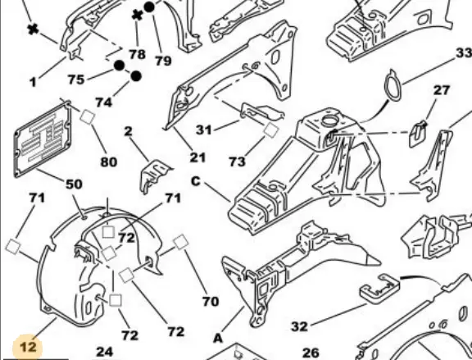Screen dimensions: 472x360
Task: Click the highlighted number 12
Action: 28,347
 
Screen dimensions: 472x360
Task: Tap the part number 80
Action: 109,162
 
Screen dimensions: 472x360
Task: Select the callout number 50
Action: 74,184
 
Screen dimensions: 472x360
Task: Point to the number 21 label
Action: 197,157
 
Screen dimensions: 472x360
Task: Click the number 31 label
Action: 204,130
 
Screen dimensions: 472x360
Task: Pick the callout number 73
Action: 237,162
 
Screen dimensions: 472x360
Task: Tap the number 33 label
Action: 464,53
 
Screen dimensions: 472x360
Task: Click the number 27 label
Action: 442,90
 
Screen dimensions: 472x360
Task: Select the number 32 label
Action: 300,326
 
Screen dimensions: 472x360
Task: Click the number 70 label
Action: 211,301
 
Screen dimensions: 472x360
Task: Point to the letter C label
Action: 196,181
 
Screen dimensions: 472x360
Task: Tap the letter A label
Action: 218,338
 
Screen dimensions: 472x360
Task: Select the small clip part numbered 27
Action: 418,134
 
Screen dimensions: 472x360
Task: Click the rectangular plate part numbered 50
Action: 43,139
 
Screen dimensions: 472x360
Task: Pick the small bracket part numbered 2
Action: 156,176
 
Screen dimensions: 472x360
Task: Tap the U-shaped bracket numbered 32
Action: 380,288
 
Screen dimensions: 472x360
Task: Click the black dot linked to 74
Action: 136,76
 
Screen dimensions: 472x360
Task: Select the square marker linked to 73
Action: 271,130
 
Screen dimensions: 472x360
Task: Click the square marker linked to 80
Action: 88,116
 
